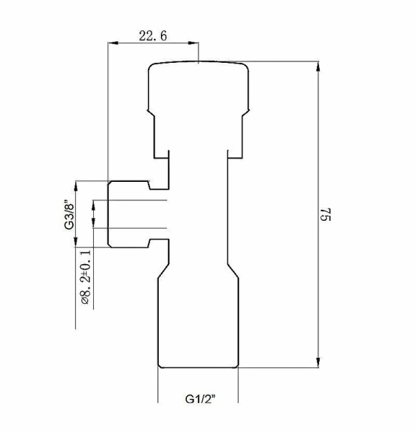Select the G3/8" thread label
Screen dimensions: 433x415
pyautogui.click(x=69, y=214)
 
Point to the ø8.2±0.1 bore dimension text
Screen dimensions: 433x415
pyautogui.click(x=86, y=278)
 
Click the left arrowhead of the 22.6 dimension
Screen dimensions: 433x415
pyautogui.click(x=111, y=43)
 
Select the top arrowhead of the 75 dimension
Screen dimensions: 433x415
pyautogui.click(x=318, y=67)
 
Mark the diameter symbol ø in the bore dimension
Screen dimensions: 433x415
pyautogui.click(x=86, y=303)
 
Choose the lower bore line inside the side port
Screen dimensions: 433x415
pyautogui.click(x=137, y=228)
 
